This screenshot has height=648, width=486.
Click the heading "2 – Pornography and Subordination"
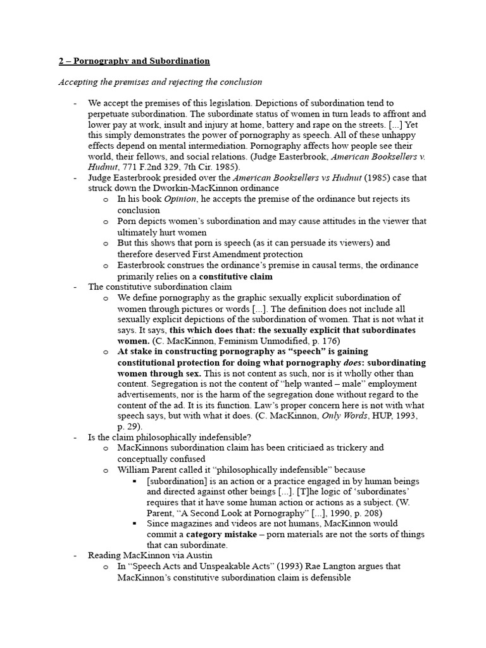point(134,61)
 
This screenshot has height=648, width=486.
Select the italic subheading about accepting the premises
point(160,82)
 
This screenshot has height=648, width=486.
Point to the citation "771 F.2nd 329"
point(143,167)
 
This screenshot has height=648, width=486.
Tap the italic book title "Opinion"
point(181,199)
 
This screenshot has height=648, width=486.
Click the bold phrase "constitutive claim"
point(236,276)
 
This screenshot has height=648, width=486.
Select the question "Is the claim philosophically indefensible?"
point(169,437)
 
